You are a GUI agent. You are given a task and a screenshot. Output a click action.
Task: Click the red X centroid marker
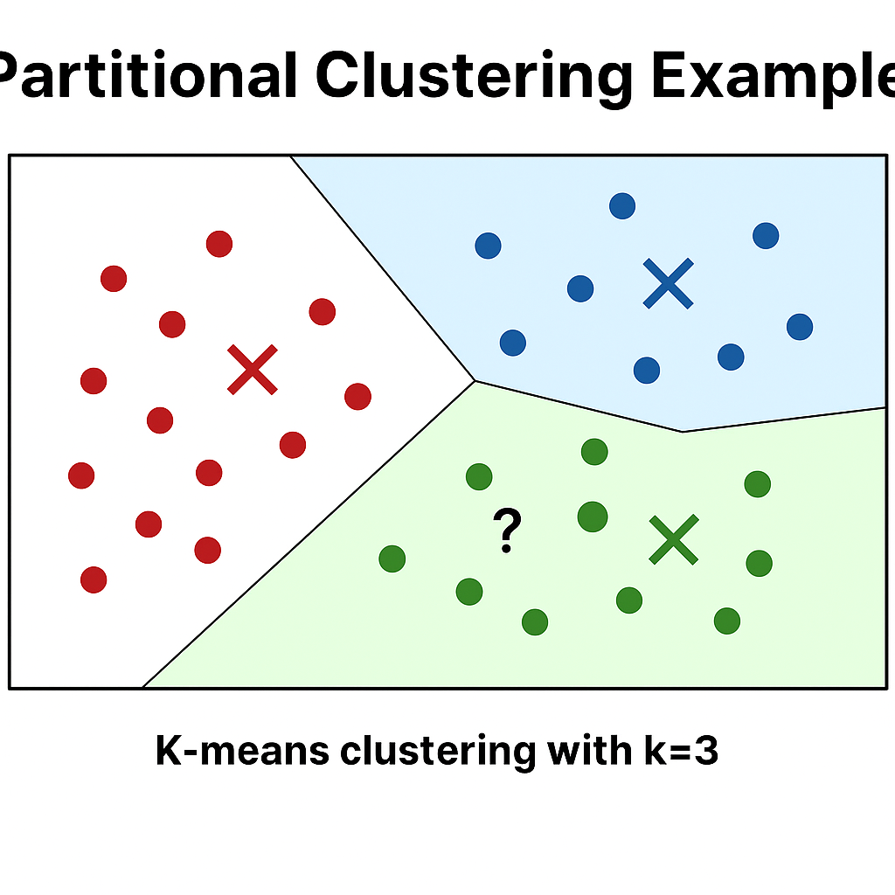(252, 369)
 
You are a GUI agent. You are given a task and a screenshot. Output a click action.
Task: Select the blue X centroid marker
(668, 283)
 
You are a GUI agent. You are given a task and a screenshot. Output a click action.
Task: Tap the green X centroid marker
(674, 539)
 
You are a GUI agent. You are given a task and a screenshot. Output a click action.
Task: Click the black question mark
(506, 531)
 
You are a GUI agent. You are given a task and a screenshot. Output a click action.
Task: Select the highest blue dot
(622, 206)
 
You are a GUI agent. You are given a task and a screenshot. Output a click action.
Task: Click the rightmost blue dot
(800, 327)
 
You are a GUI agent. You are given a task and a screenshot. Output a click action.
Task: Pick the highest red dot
(219, 244)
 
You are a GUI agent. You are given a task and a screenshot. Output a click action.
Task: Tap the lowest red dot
(94, 579)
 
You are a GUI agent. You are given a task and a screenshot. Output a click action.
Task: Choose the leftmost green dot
(392, 559)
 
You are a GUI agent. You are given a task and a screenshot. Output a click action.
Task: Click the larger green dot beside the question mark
(593, 517)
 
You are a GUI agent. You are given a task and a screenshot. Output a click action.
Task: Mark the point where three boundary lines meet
(475, 380)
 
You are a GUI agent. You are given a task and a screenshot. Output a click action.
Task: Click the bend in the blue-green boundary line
(683, 431)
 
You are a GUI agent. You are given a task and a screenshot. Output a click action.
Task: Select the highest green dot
(594, 452)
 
